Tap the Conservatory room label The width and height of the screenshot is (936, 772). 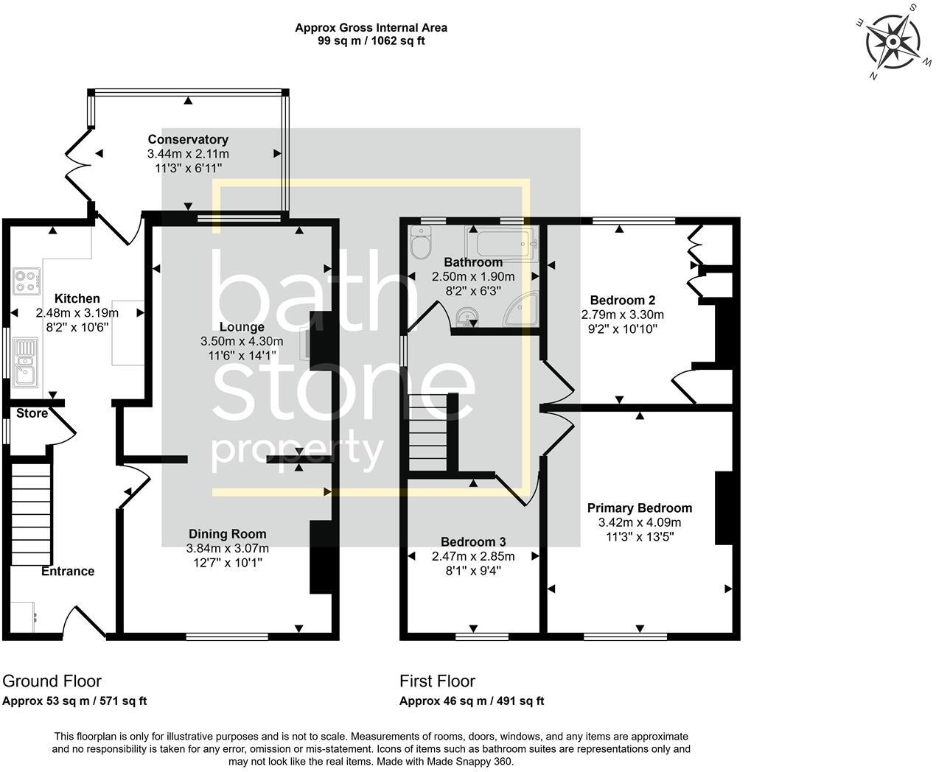click(x=188, y=139)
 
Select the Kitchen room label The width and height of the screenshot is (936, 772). click(x=77, y=298)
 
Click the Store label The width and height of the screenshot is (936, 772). click(x=32, y=413)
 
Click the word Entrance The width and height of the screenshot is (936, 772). click(x=67, y=571)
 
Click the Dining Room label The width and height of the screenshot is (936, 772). click(x=227, y=534)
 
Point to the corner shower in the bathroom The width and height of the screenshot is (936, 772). click(x=522, y=309)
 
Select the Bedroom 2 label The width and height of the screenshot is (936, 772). click(x=623, y=300)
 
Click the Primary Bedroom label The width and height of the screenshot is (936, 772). click(x=639, y=508)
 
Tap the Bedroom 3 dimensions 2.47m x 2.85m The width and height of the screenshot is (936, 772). click(x=473, y=556)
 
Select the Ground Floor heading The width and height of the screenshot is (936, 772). click(x=52, y=681)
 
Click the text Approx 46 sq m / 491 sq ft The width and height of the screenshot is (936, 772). click(x=472, y=701)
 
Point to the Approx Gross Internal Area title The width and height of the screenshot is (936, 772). click(x=371, y=28)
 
